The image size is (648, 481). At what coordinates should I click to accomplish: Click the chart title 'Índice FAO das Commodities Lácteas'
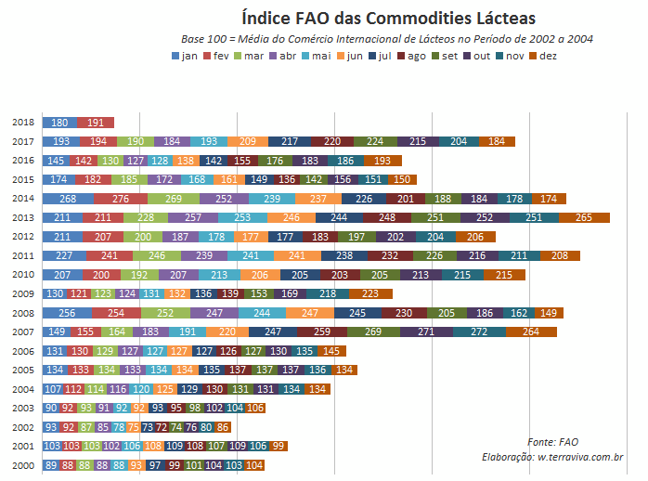point(388,18)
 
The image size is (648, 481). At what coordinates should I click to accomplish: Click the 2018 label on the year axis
point(24,123)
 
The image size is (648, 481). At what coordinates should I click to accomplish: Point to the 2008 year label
point(24,313)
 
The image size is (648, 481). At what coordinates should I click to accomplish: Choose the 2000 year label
point(24,465)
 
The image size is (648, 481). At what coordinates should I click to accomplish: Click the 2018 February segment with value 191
point(96,123)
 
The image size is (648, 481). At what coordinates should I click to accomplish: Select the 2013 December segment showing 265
point(584,217)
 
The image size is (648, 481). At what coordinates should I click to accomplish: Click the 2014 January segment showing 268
point(68,199)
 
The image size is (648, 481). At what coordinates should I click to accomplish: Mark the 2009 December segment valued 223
point(370,293)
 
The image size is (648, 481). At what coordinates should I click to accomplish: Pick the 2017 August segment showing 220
point(332,141)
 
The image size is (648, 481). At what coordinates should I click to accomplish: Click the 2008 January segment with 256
point(67,313)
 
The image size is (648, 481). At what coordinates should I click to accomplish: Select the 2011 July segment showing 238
point(343,255)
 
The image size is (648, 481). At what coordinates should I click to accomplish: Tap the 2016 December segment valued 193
point(382,161)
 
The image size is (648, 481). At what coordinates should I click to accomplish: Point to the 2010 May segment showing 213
point(219,275)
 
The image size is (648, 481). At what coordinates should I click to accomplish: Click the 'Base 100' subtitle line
point(387,39)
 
